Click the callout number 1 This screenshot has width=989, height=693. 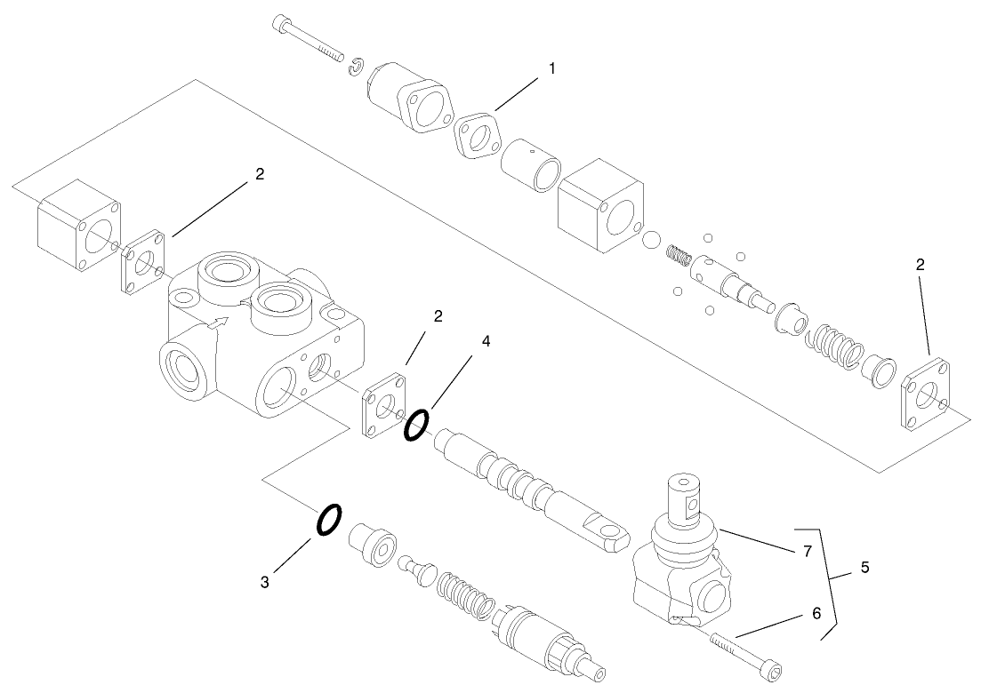[551, 68]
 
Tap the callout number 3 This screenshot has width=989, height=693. [265, 582]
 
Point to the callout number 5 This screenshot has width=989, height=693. [864, 565]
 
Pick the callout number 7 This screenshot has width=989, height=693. [807, 552]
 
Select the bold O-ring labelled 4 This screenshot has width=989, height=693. [415, 426]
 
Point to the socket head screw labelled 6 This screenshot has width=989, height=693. [747, 655]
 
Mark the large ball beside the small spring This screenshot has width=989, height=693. [650, 242]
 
